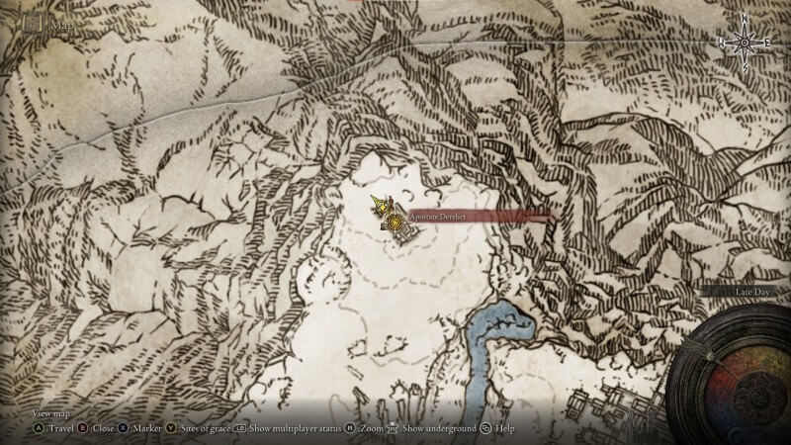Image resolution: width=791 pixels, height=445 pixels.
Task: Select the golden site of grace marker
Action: click(396, 223)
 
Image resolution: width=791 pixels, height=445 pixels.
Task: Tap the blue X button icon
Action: click(124, 428)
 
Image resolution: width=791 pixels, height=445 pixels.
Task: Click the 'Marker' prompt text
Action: click(146, 428)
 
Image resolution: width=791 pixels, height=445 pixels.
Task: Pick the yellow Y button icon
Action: click(170, 428)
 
